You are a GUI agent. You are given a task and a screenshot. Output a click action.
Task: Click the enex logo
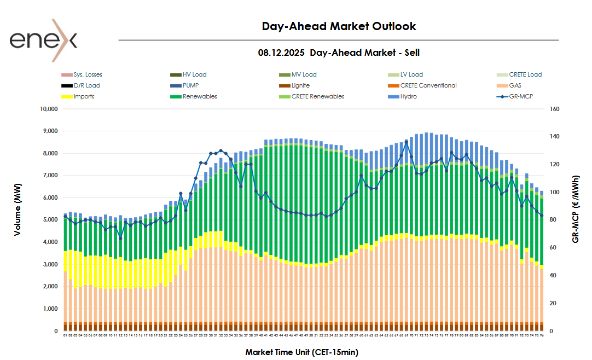43,40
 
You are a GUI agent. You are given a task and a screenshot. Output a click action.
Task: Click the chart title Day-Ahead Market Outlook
339,26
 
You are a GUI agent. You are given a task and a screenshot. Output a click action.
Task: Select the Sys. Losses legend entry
88,74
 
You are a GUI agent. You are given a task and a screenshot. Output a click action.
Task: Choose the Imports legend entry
84,96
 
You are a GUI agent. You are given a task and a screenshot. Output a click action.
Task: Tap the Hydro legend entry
408,96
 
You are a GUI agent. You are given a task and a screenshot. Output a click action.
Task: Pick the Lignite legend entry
300,85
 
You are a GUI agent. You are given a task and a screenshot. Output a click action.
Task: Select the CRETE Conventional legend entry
428,85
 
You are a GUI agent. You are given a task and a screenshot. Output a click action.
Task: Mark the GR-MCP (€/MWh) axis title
576,209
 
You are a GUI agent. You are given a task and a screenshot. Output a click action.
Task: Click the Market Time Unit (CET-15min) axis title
301,352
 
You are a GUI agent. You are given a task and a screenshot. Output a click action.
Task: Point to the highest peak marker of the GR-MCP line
407,141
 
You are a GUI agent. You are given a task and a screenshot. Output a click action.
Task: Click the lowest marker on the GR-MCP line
120,238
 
